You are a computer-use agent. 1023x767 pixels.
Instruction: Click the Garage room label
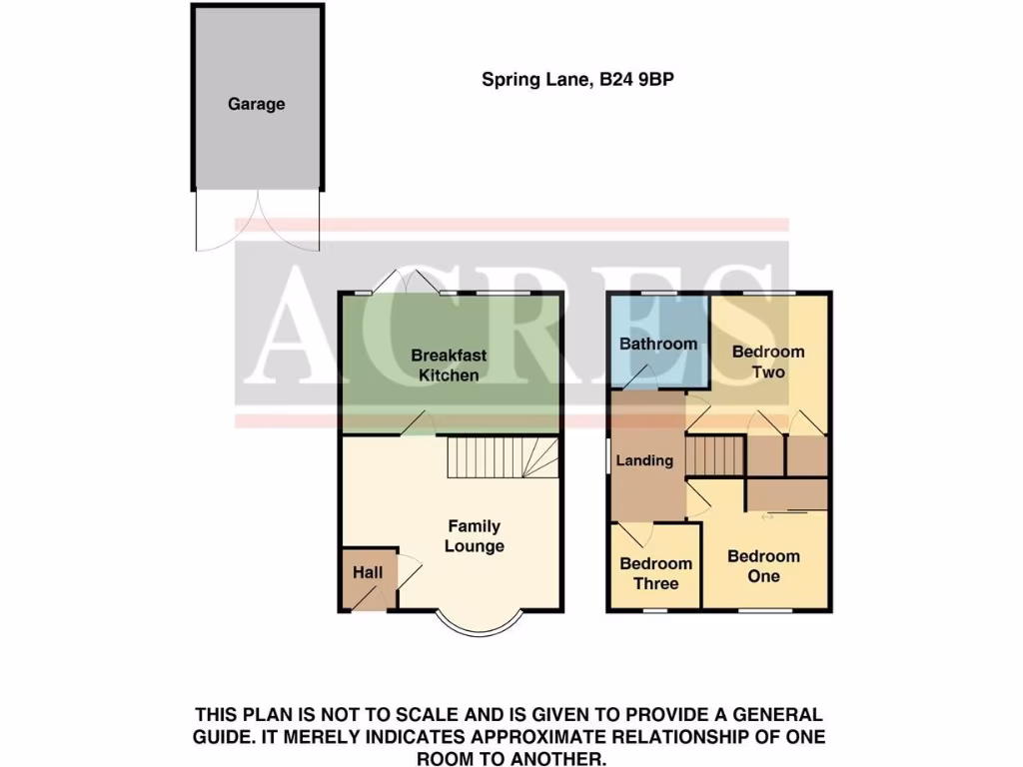(x=256, y=104)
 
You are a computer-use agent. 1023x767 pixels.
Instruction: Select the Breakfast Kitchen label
(x=449, y=365)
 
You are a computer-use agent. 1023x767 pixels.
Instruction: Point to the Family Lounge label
(x=475, y=536)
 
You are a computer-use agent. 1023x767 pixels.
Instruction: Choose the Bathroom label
(x=658, y=344)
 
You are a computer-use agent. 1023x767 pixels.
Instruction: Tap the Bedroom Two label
(x=768, y=362)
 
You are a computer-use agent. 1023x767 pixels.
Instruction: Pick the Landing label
(x=644, y=460)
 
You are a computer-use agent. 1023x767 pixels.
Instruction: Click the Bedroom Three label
(x=655, y=573)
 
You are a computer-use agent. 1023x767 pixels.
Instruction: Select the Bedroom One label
(x=763, y=565)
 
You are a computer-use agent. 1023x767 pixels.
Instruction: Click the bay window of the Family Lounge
(x=482, y=624)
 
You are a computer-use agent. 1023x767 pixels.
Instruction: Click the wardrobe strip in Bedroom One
(x=787, y=494)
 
